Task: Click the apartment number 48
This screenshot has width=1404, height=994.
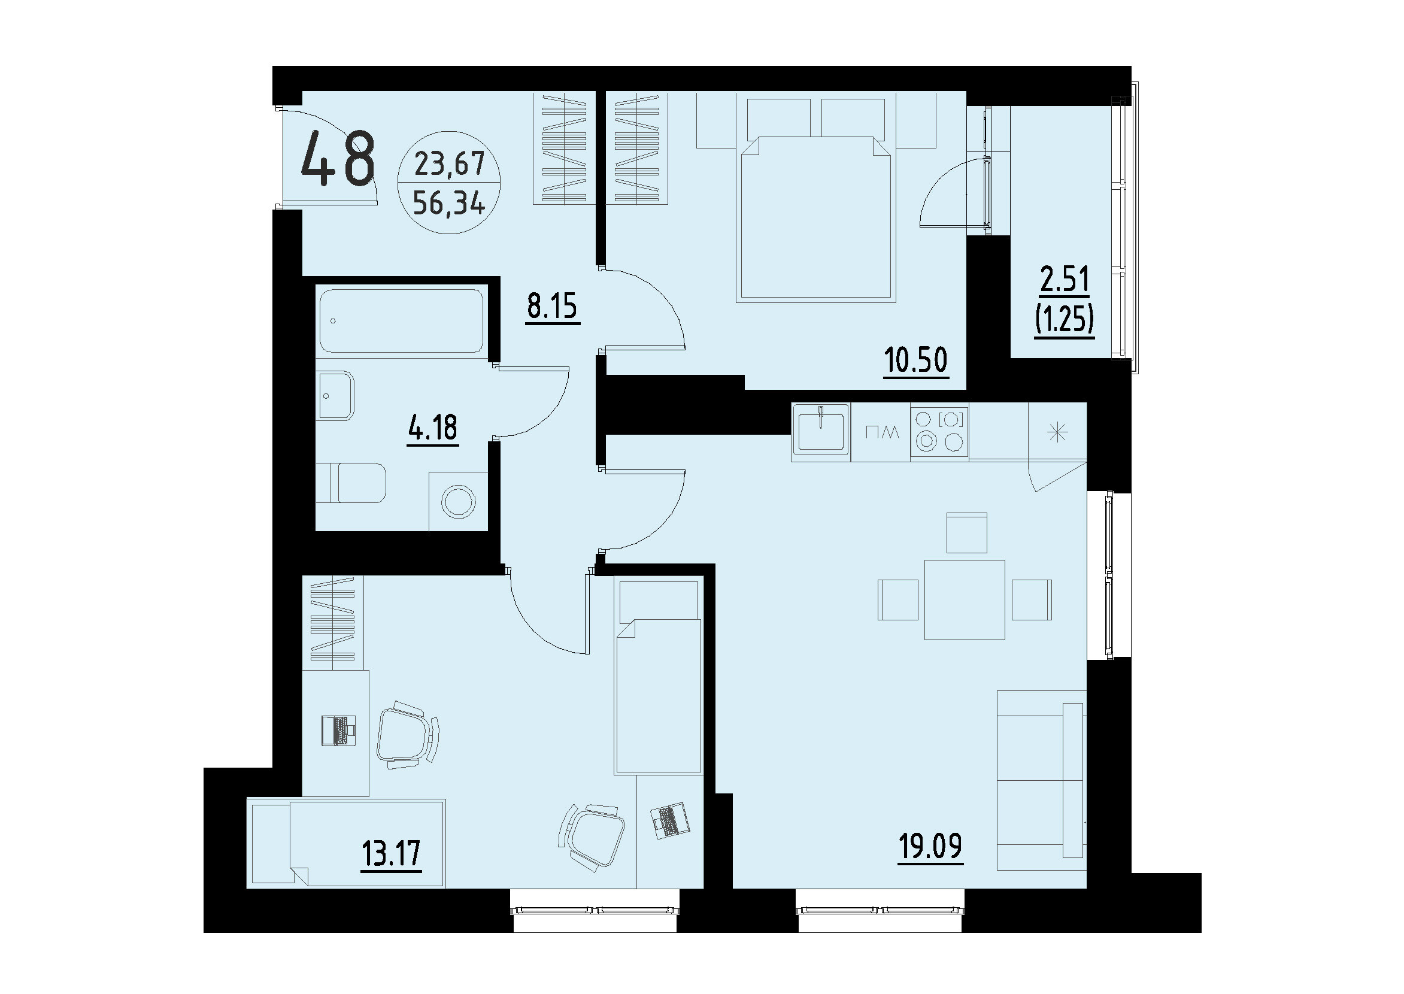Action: point(337,160)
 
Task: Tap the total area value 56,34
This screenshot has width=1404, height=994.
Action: point(448,202)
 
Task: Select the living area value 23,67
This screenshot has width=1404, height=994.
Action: point(449,163)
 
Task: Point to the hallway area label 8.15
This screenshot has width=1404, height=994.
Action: point(552,306)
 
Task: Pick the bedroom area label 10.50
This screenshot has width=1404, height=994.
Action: point(915,360)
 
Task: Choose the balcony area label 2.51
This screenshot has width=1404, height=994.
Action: point(1065,280)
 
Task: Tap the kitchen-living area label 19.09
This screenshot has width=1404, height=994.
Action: point(930,846)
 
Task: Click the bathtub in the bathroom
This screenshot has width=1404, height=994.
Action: point(402,321)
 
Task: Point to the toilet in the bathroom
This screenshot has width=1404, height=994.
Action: point(352,482)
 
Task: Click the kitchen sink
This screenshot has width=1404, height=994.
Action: point(820,432)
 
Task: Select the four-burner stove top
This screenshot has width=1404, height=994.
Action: point(939,431)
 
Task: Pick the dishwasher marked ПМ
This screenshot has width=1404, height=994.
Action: point(881,432)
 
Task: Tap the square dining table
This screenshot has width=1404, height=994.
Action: point(964,599)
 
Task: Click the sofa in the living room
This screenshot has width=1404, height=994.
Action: point(1041,780)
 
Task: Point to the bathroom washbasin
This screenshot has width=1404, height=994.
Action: point(335,395)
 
